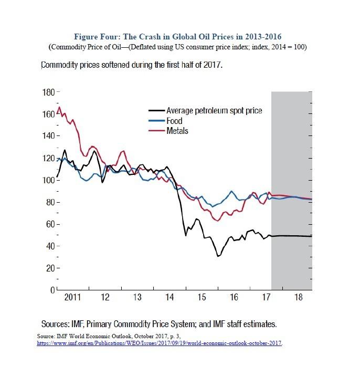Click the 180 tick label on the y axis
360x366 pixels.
48,92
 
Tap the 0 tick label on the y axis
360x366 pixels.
51,290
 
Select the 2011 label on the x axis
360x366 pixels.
72,298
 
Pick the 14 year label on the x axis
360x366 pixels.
170,298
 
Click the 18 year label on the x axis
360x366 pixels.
299,298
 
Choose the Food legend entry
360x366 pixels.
174,121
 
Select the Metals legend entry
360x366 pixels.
177,130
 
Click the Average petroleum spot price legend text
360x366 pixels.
214,111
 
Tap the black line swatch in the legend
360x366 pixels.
156,111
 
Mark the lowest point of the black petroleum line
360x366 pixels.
217,256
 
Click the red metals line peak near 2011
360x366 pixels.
59,107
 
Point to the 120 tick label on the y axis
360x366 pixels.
48,159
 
